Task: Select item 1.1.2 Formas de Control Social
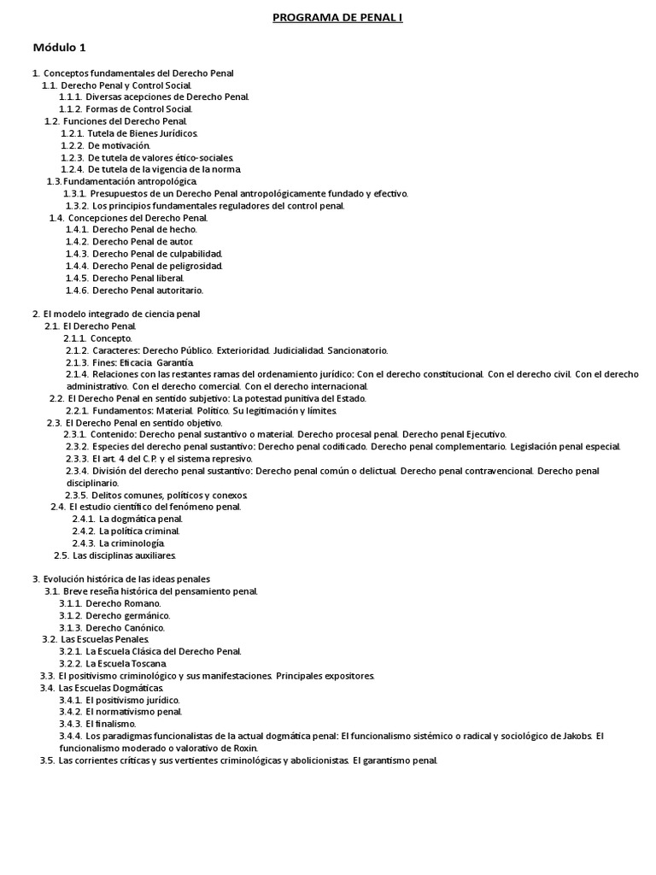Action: (x=126, y=109)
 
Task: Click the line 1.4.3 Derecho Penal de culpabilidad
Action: (x=144, y=254)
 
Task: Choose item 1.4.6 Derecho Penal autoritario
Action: (x=135, y=291)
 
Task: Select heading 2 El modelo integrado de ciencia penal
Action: (x=116, y=314)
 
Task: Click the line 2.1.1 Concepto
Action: (x=99, y=338)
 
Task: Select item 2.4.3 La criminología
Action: (x=119, y=543)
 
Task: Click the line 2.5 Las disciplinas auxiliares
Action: (x=115, y=555)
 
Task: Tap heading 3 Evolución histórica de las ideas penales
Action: (x=120, y=579)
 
